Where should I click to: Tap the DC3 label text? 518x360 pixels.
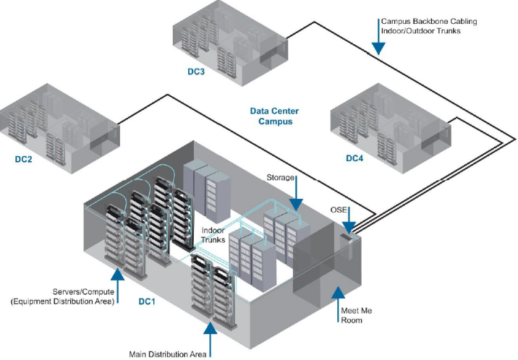[195, 72]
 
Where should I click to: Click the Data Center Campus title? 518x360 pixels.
[274, 116]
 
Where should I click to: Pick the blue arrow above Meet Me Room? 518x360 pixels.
[336, 296]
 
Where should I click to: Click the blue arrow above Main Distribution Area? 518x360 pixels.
[210, 334]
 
